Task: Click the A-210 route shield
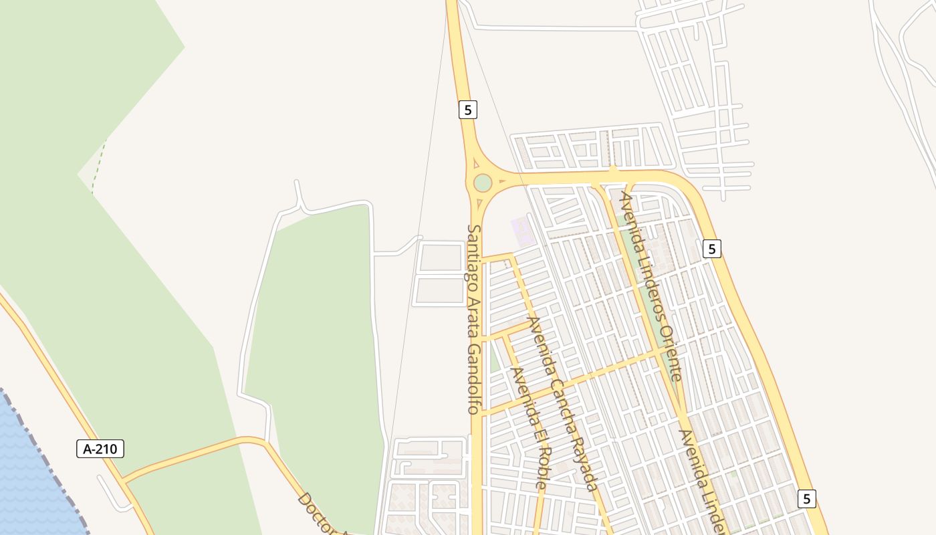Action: (100, 449)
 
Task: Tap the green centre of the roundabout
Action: (483, 183)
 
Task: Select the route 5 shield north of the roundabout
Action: (468, 109)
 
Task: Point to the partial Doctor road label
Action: (314, 511)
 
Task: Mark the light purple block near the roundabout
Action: (522, 231)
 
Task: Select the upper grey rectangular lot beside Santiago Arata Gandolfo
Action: (441, 257)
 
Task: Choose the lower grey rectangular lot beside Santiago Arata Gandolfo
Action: (441, 291)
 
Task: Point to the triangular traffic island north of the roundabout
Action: (475, 163)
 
